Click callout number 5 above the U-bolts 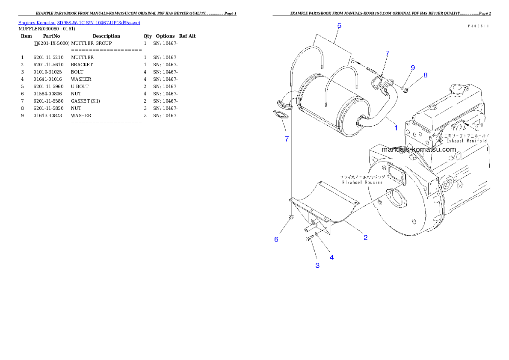339,26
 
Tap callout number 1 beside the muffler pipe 396,127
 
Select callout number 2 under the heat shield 366,238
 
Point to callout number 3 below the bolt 317,266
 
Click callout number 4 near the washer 331,257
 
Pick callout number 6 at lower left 276,239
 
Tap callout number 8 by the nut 426,75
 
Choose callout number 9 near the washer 413,68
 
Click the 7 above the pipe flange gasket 388,53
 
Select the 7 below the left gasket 287,139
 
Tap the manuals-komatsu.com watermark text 419,150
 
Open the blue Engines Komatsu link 79,22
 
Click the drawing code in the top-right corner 478,26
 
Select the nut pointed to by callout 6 290,217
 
